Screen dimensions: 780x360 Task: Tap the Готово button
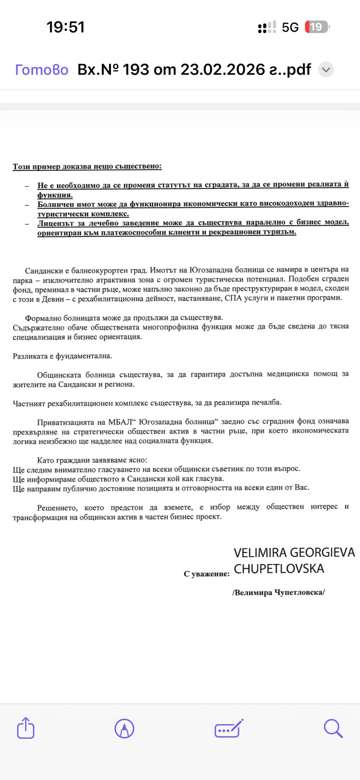(42, 70)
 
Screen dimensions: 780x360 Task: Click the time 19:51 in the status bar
(66, 27)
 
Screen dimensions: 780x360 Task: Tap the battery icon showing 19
(317, 27)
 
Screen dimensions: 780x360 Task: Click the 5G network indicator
(290, 27)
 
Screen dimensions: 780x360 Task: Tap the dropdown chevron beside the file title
(326, 70)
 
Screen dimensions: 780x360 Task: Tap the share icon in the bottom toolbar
(26, 728)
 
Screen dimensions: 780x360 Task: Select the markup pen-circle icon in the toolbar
(124, 729)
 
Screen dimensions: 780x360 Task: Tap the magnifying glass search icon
(333, 729)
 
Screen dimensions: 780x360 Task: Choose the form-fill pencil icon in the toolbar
(229, 729)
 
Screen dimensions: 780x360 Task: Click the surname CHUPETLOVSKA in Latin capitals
(279, 569)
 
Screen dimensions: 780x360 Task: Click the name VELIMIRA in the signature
(260, 553)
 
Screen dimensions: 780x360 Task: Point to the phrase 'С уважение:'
(206, 574)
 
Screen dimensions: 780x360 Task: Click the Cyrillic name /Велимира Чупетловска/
(278, 592)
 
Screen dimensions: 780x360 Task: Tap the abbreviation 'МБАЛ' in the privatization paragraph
(120, 422)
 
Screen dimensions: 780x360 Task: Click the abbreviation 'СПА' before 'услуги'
(232, 298)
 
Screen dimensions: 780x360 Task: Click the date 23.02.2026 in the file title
(222, 70)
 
